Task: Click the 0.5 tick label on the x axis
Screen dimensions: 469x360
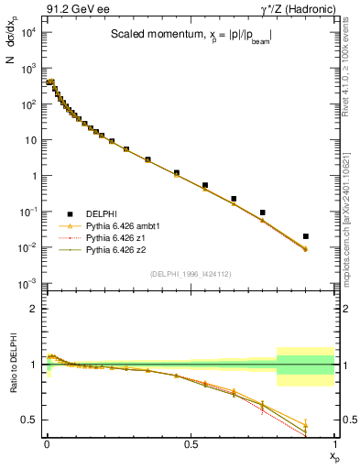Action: pyautogui.click(x=190, y=443)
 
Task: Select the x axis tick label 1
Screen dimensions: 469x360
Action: pyautogui.click(x=334, y=443)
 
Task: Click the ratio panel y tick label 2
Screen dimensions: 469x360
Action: pyautogui.click(x=33, y=309)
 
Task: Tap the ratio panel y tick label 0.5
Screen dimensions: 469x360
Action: pyautogui.click(x=29, y=420)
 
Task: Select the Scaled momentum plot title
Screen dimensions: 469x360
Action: pyautogui.click(x=191, y=34)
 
